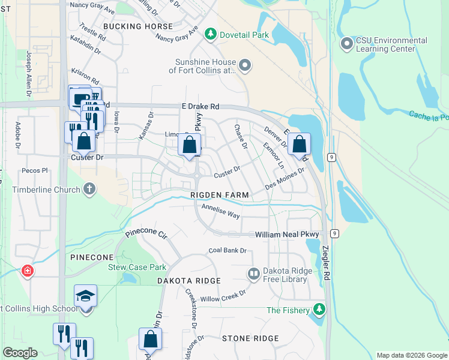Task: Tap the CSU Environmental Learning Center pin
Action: coord(346,44)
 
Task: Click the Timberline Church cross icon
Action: coord(89,190)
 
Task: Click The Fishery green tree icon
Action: coord(319,310)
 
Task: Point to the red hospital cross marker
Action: coord(28,272)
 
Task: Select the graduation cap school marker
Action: coord(85,296)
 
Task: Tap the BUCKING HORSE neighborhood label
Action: coord(138,26)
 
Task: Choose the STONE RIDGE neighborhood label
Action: coord(250,338)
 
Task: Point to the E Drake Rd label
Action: coord(200,106)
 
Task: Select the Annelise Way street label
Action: coord(220,211)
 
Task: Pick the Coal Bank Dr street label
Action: coord(228,250)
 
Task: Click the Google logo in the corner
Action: coord(20,353)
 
